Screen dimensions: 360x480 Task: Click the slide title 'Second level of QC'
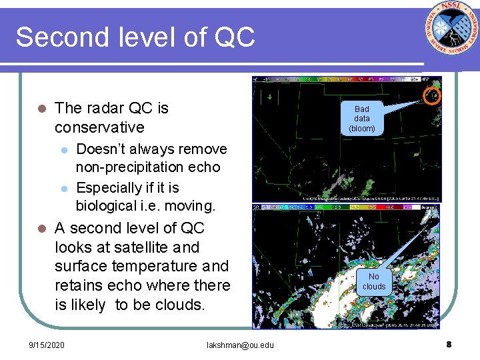pos(135,37)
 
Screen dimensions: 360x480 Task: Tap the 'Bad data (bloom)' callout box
pos(362,118)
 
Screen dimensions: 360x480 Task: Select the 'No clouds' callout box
pos(374,281)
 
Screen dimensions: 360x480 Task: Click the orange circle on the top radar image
pos(433,97)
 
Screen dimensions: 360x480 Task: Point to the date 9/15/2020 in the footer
pos(47,345)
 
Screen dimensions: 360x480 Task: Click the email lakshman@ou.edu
pos(240,345)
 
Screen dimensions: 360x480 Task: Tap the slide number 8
pos(449,344)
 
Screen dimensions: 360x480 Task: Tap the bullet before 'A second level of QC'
pos(41,229)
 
